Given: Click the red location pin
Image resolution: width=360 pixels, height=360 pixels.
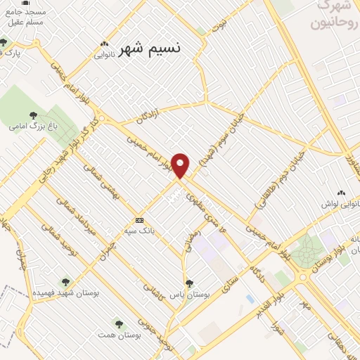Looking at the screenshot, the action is point(181,165).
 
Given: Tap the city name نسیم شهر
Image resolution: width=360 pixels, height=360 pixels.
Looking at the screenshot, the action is point(150,49).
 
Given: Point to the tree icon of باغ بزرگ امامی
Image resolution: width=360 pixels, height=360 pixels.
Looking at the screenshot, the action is point(32,116).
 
